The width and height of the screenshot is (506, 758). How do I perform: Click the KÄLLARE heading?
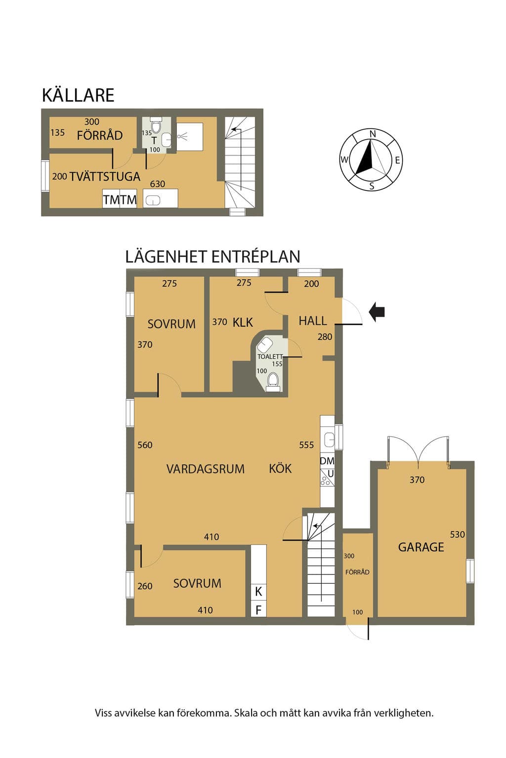pos(78,95)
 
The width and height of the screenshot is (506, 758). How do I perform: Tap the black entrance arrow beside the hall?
pos(377,312)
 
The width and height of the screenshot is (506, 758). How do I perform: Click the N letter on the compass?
pos(373,134)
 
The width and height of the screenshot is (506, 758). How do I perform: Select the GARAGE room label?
pos(421,547)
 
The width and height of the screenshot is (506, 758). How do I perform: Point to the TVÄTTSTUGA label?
pos(105,176)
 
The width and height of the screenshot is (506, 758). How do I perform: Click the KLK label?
pos(243,322)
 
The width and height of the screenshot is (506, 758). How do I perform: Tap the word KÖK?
pos(280,468)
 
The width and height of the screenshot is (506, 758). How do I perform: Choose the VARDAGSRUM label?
pos(206,469)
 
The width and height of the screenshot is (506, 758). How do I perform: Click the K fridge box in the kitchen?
pos(258,592)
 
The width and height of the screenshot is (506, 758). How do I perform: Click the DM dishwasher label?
pos(327,461)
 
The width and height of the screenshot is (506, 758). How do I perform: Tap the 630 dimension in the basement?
pos(158,184)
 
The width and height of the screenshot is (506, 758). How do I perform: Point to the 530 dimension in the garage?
pos(457,534)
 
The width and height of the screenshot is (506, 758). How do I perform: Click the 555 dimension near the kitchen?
pos(306,445)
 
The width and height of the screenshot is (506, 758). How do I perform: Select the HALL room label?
pos(312,320)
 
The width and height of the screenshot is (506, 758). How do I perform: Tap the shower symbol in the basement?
pos(182,136)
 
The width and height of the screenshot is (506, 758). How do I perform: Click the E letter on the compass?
pos(398,160)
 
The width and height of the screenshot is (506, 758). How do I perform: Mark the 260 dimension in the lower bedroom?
pos(145,586)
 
